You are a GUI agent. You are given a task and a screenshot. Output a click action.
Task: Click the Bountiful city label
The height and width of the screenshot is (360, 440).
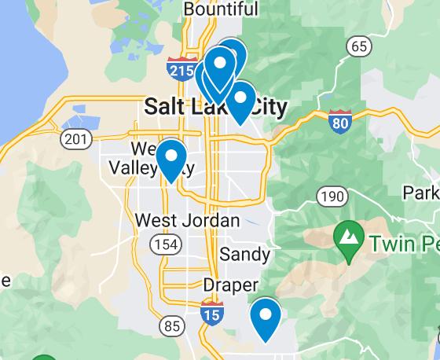coord(220,9)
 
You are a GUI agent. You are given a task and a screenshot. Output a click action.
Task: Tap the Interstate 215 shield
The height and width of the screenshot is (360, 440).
coord(182,68)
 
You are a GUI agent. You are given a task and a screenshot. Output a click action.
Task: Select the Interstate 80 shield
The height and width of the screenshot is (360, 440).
coord(340,122)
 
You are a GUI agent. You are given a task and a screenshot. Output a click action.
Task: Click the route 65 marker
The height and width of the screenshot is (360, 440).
coord(359,46)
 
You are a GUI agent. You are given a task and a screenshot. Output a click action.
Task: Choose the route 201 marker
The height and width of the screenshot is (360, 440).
coord(75,139)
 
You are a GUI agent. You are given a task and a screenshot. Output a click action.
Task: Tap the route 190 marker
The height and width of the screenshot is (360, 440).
coord(332,196)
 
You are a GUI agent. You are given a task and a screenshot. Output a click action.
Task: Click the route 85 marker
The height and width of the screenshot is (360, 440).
coord(172,325)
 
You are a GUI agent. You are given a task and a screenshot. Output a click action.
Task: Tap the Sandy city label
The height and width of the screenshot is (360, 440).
coord(244,254)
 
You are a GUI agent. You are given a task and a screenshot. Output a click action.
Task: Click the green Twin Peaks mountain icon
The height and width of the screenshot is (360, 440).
coord(347,234)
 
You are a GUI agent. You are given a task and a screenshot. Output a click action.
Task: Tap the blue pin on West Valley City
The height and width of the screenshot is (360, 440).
coord(170,157)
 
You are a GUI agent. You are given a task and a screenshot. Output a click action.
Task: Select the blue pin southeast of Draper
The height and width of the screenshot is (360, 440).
coord(266,317)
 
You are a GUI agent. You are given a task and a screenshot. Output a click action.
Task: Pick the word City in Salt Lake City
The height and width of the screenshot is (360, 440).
coord(263,106)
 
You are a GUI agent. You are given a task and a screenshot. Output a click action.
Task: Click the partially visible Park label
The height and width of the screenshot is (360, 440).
coord(420,193)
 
